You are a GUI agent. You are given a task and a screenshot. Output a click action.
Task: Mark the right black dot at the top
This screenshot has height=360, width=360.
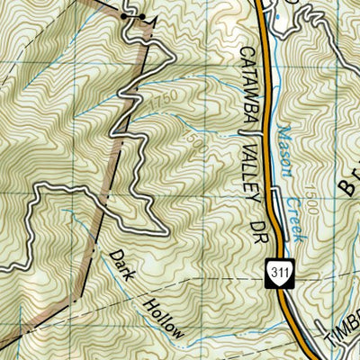pyautogui.click(x=142, y=17)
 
